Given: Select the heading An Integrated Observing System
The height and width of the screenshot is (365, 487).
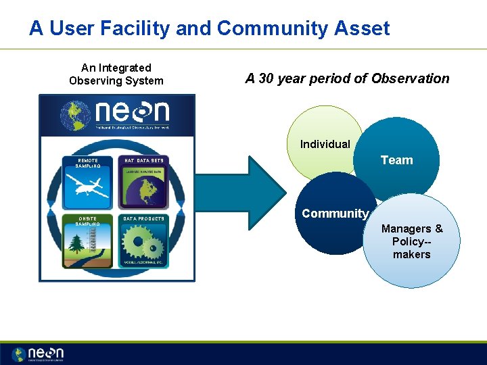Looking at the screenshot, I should (116, 74).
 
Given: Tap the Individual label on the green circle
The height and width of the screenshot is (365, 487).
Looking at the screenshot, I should (325, 144).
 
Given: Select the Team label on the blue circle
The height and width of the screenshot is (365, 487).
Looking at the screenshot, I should (396, 160).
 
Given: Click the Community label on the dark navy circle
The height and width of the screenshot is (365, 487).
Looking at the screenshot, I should (335, 214).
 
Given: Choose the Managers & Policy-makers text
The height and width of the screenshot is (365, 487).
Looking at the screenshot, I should (411, 241).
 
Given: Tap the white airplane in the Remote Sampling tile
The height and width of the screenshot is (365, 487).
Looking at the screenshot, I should (90, 187).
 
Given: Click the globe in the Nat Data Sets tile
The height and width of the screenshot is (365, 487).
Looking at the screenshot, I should (143, 191).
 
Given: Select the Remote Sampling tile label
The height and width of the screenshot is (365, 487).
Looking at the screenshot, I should (89, 163).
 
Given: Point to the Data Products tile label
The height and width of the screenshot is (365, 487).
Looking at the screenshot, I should (143, 219).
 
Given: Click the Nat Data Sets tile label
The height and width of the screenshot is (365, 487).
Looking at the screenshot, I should (143, 160).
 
